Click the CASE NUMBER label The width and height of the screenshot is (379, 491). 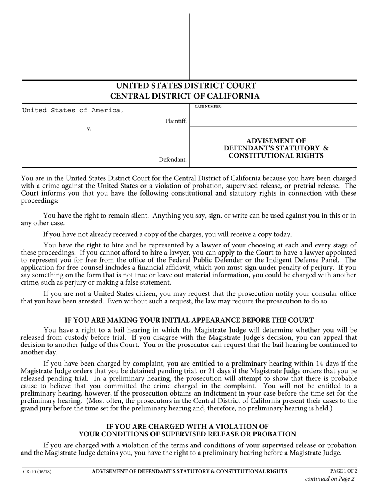[x=208, y=107]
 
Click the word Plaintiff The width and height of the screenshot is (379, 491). [x=176, y=121]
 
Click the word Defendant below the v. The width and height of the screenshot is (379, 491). [x=172, y=160]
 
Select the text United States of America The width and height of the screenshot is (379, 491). [x=73, y=111]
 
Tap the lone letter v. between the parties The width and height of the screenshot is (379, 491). [x=89, y=129]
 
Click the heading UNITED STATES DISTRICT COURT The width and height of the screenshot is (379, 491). [x=186, y=86]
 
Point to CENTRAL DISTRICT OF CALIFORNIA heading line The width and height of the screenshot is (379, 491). [x=185, y=96]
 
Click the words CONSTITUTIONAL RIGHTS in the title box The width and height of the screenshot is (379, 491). [x=276, y=156]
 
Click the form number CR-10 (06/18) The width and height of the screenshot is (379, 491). [x=37, y=471]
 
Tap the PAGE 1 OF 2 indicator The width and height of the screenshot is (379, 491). [x=343, y=471]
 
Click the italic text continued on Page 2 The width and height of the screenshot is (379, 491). [x=330, y=479]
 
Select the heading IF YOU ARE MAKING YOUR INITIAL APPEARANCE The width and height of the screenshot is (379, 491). [x=189, y=320]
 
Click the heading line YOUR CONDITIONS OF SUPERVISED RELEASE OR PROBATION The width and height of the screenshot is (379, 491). [x=187, y=434]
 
